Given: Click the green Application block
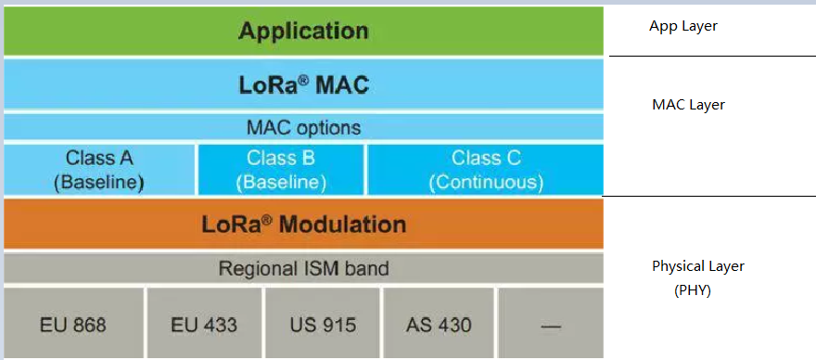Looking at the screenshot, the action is coord(303,31).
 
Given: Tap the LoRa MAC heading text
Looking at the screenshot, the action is coord(304,85).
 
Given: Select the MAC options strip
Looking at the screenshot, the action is coord(303,127).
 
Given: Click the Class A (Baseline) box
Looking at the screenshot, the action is coord(99,170).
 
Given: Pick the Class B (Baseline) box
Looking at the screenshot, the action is coord(280,170).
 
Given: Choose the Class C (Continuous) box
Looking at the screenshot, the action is coord(486,170).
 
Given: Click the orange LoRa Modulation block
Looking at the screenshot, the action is coord(303,224).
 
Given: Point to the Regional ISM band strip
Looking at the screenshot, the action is coord(303,268).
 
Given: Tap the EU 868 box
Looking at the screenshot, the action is coord(73,323).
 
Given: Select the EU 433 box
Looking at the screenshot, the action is coord(205,323).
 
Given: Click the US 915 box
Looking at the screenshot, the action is coord(324,323).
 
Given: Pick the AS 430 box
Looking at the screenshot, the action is coord(439,323).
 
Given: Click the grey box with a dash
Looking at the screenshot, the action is coord(551,323).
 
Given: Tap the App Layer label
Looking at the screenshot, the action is coord(683,27).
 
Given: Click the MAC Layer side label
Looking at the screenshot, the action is coord(688,105).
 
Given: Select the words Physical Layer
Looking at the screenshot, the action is coord(698,266).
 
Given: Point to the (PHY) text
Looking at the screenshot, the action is coord(692,290).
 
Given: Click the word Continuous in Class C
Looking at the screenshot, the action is coord(486,183).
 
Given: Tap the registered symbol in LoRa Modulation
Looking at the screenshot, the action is coord(267,218).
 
